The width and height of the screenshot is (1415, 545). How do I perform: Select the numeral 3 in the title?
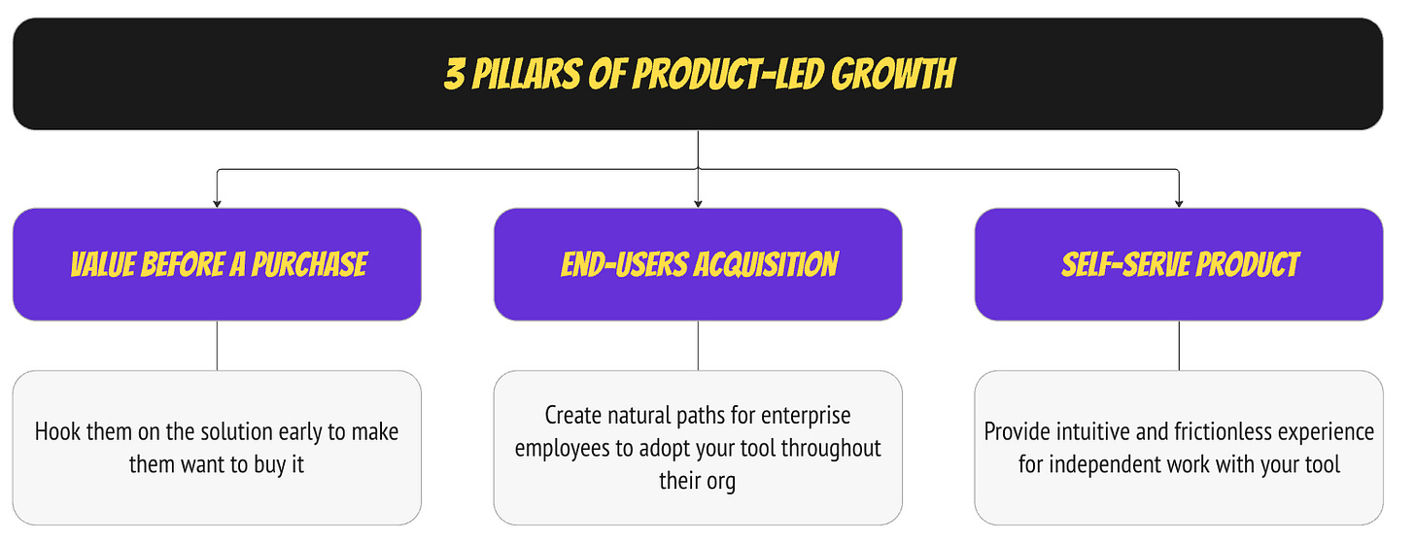(453, 75)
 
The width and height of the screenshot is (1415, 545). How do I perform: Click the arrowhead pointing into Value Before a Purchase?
(217, 203)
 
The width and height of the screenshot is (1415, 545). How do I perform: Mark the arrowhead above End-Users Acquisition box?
(698, 203)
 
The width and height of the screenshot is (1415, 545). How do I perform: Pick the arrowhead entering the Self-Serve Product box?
(1179, 203)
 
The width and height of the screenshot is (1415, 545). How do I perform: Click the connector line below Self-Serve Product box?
(1179, 346)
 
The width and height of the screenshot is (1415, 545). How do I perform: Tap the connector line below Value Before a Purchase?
(217, 346)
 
